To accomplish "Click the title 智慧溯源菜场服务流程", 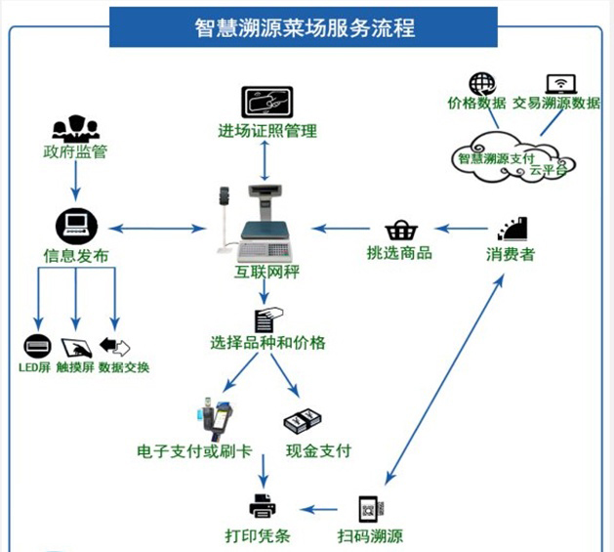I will pos(304,26).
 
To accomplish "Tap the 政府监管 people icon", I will pos(75,129).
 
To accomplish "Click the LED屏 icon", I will pos(37,346).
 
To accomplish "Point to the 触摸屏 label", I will pos(74,368).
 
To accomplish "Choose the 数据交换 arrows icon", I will pos(115,347).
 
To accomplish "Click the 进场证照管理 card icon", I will pos(267,102).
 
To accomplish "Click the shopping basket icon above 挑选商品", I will pos(400,231).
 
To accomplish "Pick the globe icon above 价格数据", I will pos(482,84).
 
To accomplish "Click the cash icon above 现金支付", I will pos(303,421).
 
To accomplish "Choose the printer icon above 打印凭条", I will pos(263,506).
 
